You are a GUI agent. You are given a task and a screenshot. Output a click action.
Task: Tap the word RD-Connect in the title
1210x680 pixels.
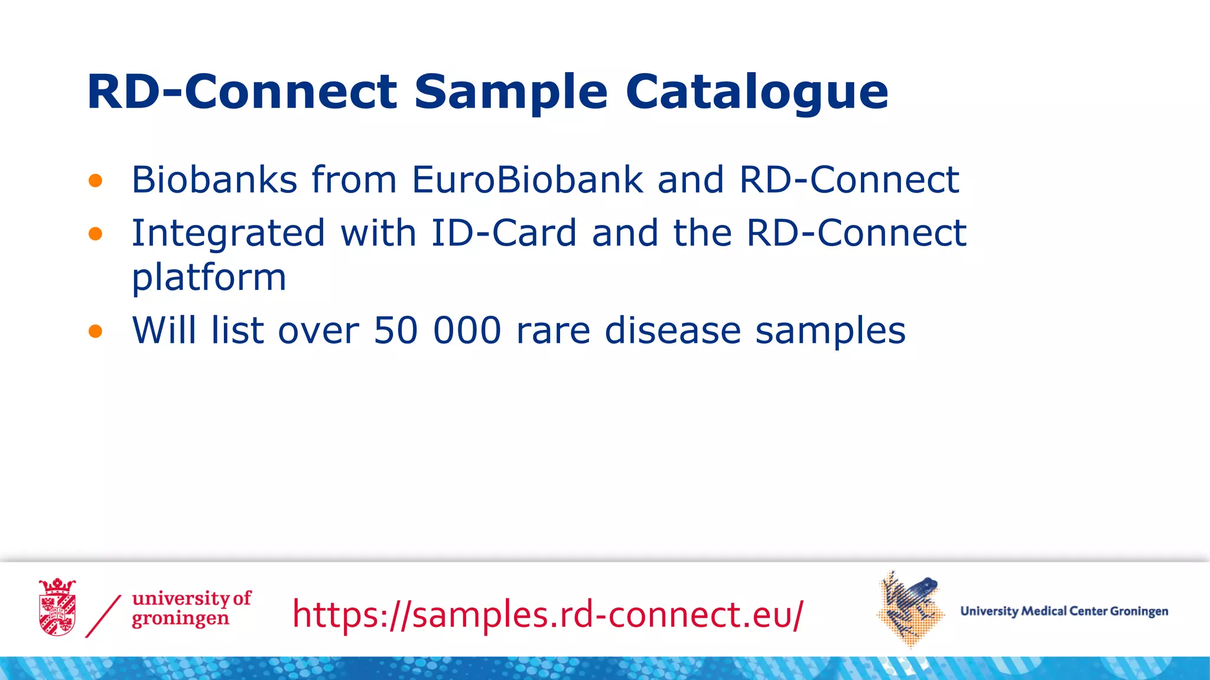pos(242,93)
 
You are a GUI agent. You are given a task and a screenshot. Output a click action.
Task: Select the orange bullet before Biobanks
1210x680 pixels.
pos(95,181)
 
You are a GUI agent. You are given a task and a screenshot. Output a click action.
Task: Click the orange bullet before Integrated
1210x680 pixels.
pos(95,234)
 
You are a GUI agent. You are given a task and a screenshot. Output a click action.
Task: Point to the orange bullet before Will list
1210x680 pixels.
pos(95,331)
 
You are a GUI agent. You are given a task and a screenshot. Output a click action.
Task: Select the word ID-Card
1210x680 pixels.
pos(503,233)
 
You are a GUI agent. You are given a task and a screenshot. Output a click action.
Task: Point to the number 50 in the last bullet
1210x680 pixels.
pos(396,331)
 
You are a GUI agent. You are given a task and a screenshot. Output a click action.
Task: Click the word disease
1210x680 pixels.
pos(672,331)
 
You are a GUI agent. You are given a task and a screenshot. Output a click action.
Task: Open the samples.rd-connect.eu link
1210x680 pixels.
pos(548,614)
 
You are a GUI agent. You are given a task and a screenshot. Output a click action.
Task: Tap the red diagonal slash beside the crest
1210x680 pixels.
pos(103,616)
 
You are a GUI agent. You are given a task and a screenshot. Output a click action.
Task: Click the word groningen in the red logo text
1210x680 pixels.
pos(180,620)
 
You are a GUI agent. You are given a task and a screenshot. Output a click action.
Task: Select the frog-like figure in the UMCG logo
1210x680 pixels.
pos(910,608)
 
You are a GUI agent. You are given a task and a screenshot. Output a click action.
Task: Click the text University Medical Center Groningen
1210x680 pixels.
pos(1063,611)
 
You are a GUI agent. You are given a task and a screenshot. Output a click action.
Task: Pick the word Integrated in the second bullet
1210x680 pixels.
pos(228,234)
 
